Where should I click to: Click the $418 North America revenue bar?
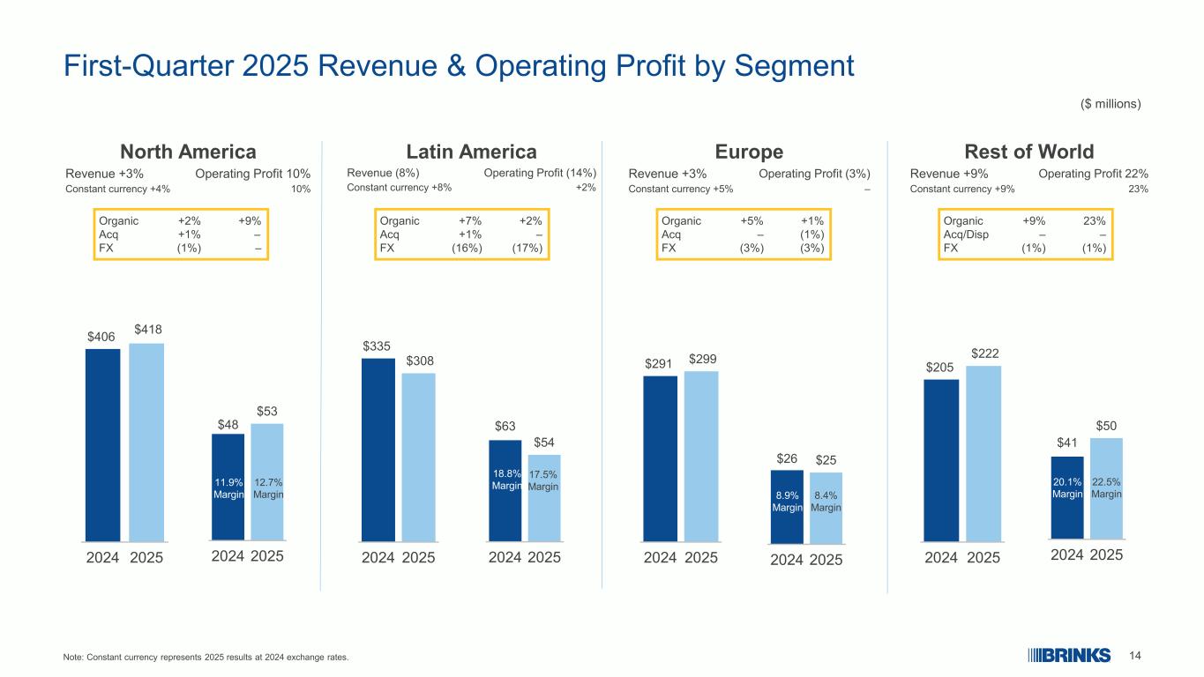click(x=146, y=441)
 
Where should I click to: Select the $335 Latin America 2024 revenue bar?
click(x=378, y=449)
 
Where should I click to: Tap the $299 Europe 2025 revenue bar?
click(x=701, y=456)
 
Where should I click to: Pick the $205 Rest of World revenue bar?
click(x=941, y=459)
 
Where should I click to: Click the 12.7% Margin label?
click(x=267, y=488)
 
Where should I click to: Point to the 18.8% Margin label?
click(x=506, y=480)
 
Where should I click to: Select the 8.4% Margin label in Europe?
click(x=826, y=501)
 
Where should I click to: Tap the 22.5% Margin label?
click(x=1106, y=488)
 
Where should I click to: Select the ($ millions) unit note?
click(x=1111, y=104)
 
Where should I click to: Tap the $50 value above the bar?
click(x=1106, y=426)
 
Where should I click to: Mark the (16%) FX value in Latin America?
click(x=467, y=249)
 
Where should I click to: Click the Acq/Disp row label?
click(x=966, y=235)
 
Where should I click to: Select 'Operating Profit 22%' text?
click(x=1093, y=174)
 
